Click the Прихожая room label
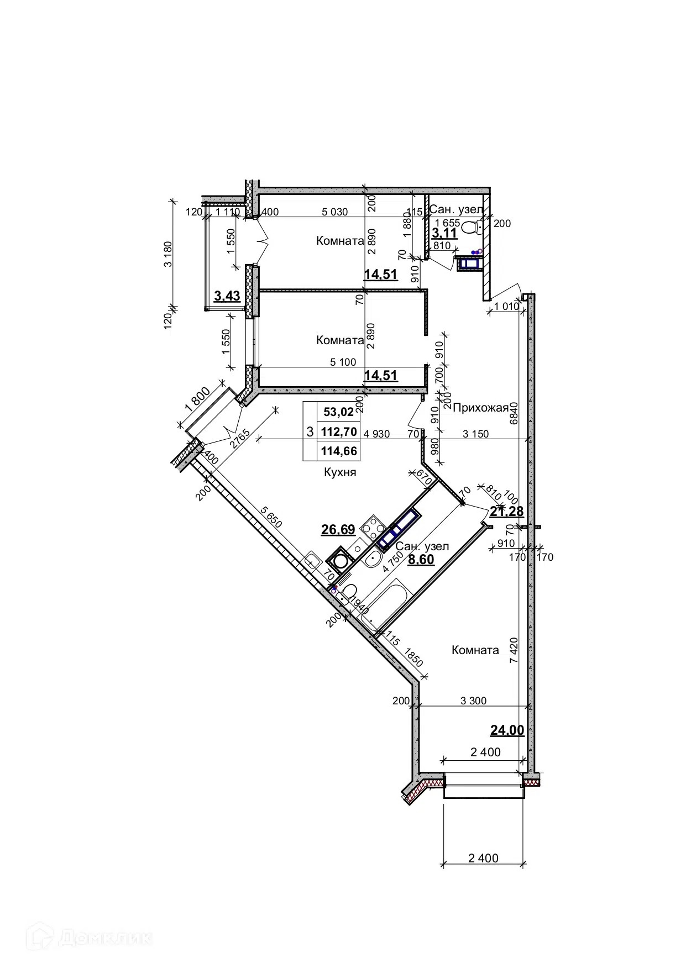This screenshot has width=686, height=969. pyautogui.click(x=480, y=408)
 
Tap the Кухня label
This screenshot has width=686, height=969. pyautogui.click(x=340, y=472)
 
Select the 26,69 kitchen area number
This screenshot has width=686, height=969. pyautogui.click(x=338, y=530)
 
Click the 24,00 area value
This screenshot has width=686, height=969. pyautogui.click(x=507, y=730)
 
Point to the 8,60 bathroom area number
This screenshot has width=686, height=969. pyautogui.click(x=421, y=560)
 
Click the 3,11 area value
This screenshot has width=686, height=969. pyautogui.click(x=444, y=233)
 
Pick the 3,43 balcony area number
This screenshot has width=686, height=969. pyautogui.click(x=227, y=296)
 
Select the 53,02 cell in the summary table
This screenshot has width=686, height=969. pyautogui.click(x=338, y=412)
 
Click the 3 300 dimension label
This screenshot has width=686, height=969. pyautogui.click(x=473, y=701)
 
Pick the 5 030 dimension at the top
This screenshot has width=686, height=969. pyautogui.click(x=335, y=212)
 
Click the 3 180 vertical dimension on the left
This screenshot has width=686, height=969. pyautogui.click(x=168, y=254)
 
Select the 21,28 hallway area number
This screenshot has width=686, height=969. pyautogui.click(x=507, y=512)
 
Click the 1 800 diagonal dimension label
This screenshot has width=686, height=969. pyautogui.click(x=197, y=398)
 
